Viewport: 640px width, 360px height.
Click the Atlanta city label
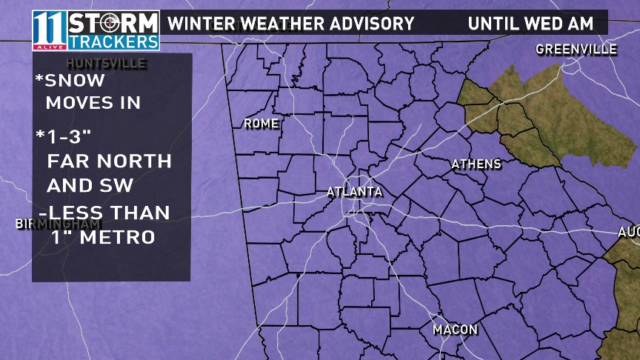pos(355,192)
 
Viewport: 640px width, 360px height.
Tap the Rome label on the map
pos(261,124)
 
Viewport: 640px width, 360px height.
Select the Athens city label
pos(476,164)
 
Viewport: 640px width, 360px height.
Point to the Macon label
pos(455,329)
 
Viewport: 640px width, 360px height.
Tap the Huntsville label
pos(106,63)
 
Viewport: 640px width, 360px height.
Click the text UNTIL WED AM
pos(530,23)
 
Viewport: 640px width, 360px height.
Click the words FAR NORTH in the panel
pos(109,161)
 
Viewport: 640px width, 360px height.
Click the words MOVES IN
pos(93,103)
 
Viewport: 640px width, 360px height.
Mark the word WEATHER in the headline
pos(279,23)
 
